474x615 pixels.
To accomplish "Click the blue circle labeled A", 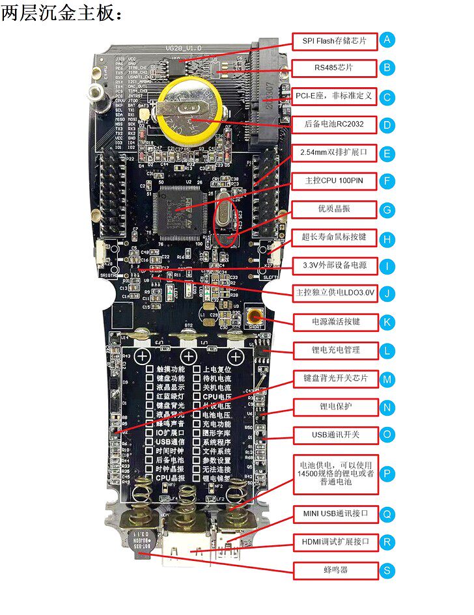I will click(x=387, y=40).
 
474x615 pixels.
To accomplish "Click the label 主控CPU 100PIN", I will click(x=334, y=180).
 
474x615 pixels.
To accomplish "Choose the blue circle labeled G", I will click(x=387, y=210).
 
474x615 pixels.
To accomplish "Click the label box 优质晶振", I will click(x=334, y=210).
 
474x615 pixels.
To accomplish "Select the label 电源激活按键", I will click(x=334, y=321).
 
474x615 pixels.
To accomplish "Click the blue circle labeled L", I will click(x=387, y=351).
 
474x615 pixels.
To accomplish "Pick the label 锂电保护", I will click(x=334, y=407).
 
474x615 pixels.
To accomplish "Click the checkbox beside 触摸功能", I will click(x=149, y=368).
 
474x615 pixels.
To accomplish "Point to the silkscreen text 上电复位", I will click(x=217, y=368).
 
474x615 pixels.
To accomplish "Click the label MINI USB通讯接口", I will click(x=334, y=514).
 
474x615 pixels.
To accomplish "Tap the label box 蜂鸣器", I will click(x=334, y=571).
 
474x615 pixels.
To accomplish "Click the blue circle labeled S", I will click(x=387, y=571).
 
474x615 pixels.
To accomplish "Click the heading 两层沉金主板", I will click(x=61, y=13).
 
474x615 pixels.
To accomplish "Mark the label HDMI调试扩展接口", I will click(x=334, y=542).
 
